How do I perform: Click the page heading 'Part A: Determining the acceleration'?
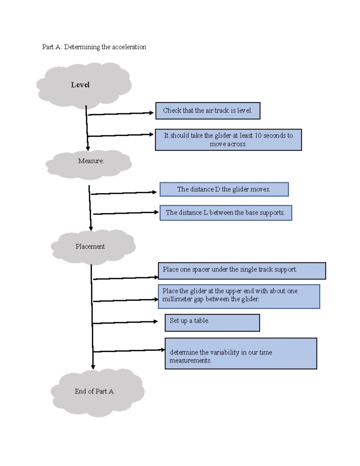click(x=94, y=47)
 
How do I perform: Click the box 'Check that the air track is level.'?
click(x=208, y=111)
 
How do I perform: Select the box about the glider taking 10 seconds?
click(x=228, y=140)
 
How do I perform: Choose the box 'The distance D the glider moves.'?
click(x=224, y=189)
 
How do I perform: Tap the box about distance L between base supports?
click(x=226, y=213)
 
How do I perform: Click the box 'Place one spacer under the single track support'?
click(x=242, y=271)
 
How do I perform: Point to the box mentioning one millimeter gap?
click(x=239, y=296)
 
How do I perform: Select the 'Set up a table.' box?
click(x=212, y=323)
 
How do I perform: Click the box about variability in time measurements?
click(x=241, y=353)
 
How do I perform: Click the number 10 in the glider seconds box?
click(x=258, y=136)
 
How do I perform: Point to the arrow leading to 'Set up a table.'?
click(x=124, y=322)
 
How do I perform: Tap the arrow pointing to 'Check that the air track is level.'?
click(x=120, y=114)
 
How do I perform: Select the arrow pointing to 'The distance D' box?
click(x=123, y=193)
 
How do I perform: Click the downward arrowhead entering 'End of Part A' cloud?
click(x=93, y=367)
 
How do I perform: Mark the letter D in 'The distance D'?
click(x=217, y=189)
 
